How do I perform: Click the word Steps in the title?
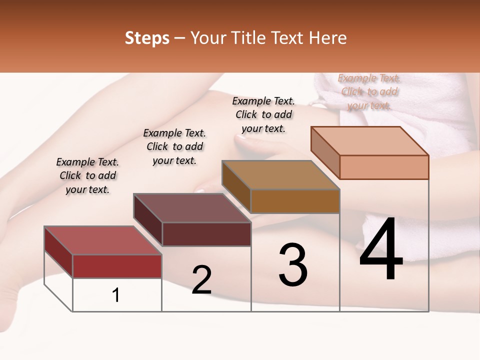147,38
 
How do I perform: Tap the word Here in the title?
328,38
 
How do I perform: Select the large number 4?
381,250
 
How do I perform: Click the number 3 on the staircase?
292,265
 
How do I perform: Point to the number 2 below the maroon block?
201,280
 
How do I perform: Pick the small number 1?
116,295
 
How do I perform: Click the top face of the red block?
103,240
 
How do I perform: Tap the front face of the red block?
117,266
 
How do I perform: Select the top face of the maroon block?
192,208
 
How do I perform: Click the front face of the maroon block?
206,234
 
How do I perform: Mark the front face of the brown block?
295,201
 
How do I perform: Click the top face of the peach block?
370,141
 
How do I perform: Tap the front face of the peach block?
384,167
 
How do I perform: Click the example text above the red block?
87,175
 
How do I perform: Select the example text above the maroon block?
174,146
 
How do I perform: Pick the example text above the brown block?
263,114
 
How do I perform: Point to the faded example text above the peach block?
369,91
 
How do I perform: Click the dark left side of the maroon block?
148,220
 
